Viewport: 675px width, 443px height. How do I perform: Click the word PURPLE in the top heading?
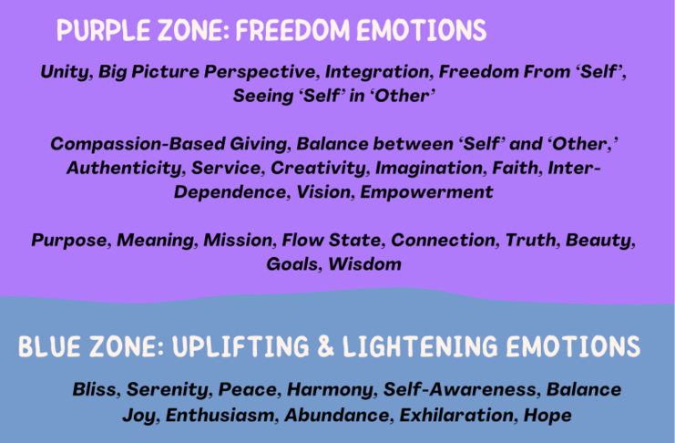tap(103, 30)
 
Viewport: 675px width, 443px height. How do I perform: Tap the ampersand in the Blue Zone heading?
tap(326, 346)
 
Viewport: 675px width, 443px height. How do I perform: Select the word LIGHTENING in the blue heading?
tap(420, 346)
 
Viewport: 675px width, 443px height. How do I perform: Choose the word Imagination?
tap(431, 168)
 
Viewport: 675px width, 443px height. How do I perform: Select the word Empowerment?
tap(426, 192)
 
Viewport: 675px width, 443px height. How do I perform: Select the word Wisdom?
tap(364, 264)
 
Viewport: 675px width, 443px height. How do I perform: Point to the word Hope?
tap(547, 416)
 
